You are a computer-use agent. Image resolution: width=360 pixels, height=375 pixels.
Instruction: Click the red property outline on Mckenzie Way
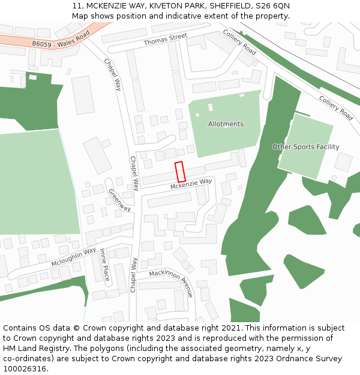click(x=179, y=172)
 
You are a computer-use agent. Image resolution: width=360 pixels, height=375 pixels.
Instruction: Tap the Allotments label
click(x=226, y=124)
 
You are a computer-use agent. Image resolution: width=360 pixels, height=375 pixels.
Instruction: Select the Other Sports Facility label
click(x=305, y=147)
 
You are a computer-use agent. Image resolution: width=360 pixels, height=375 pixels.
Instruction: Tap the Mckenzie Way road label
click(x=191, y=184)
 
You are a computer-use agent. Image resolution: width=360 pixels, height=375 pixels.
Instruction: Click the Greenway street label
click(x=119, y=200)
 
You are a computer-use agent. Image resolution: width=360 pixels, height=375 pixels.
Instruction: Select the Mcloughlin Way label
click(x=73, y=257)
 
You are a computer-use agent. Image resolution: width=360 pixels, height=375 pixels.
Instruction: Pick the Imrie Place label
click(x=104, y=265)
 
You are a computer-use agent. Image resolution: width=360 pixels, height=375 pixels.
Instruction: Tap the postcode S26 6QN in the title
click(x=274, y=5)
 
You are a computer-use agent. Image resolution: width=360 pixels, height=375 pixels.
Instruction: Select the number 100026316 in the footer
click(x=25, y=368)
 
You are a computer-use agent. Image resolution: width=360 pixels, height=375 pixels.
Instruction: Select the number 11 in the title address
click(x=76, y=5)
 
